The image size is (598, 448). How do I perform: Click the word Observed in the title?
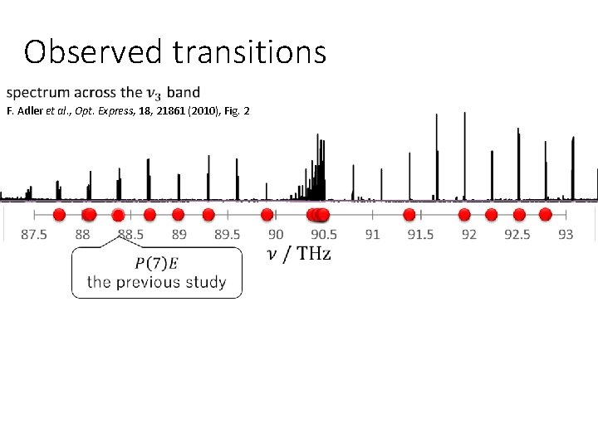[94, 52]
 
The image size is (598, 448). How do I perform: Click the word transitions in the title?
[249, 52]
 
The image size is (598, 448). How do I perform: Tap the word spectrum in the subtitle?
[47, 92]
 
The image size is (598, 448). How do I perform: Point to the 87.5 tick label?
[34, 235]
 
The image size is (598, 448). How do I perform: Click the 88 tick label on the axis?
[82, 235]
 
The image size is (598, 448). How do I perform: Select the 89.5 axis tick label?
[228, 235]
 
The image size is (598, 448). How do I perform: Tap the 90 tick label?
[276, 235]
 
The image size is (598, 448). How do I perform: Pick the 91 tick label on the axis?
[372, 235]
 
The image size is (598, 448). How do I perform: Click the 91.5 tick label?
[420, 235]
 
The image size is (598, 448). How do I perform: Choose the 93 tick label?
[566, 235]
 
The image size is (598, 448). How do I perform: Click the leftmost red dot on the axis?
[59, 215]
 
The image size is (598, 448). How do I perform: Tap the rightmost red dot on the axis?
[545, 215]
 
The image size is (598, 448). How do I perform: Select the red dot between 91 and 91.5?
[409, 215]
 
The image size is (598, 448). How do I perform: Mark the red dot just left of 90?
[267, 215]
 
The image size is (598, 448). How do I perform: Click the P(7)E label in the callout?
[156, 264]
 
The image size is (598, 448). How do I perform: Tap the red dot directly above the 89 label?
[178, 215]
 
